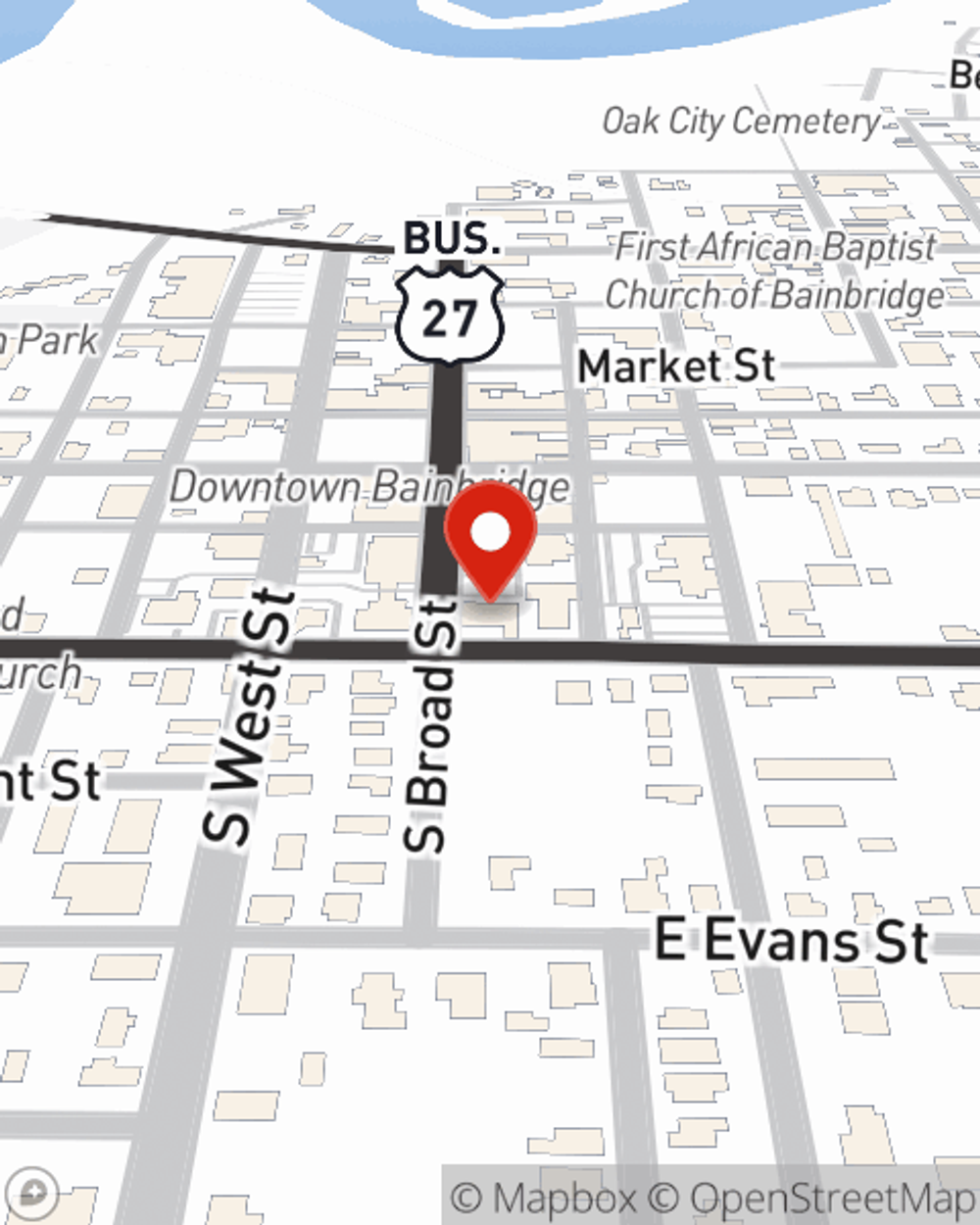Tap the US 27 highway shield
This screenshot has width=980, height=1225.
coord(450,317)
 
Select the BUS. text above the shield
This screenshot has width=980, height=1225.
coord(451,238)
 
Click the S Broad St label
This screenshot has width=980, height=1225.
coord(430,725)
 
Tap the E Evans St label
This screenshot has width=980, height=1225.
coord(791,942)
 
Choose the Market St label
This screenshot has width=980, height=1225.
coord(676,367)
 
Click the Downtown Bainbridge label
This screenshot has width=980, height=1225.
coord(369,487)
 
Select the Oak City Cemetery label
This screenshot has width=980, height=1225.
coord(741,122)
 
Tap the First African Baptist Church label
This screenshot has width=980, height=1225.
coord(774,270)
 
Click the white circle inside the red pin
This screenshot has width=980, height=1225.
coord(490,532)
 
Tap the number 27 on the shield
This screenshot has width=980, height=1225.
coord(450,318)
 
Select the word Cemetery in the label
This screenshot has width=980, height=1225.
coord(806,122)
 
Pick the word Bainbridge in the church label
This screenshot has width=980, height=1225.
coord(858,294)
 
